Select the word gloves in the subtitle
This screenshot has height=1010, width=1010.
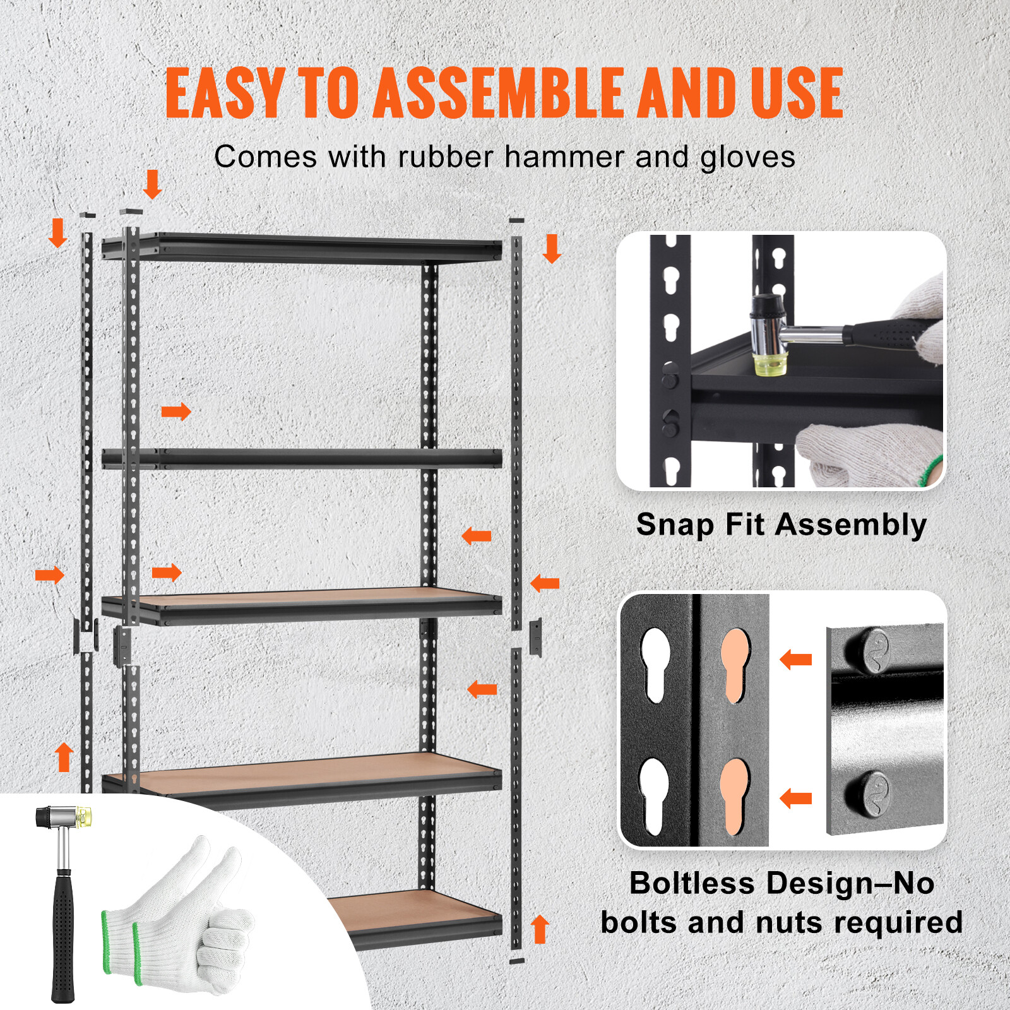pyautogui.click(x=747, y=158)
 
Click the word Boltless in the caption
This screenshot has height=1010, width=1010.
pyautogui.click(x=692, y=882)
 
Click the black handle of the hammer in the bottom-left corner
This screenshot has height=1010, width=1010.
pyautogui.click(x=62, y=934)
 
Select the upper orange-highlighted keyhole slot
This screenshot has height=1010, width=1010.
pyautogui.click(x=735, y=664)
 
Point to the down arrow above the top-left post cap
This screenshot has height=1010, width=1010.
pyautogui.click(x=152, y=184)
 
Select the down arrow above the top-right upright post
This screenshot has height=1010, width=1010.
pyautogui.click(x=552, y=248)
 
